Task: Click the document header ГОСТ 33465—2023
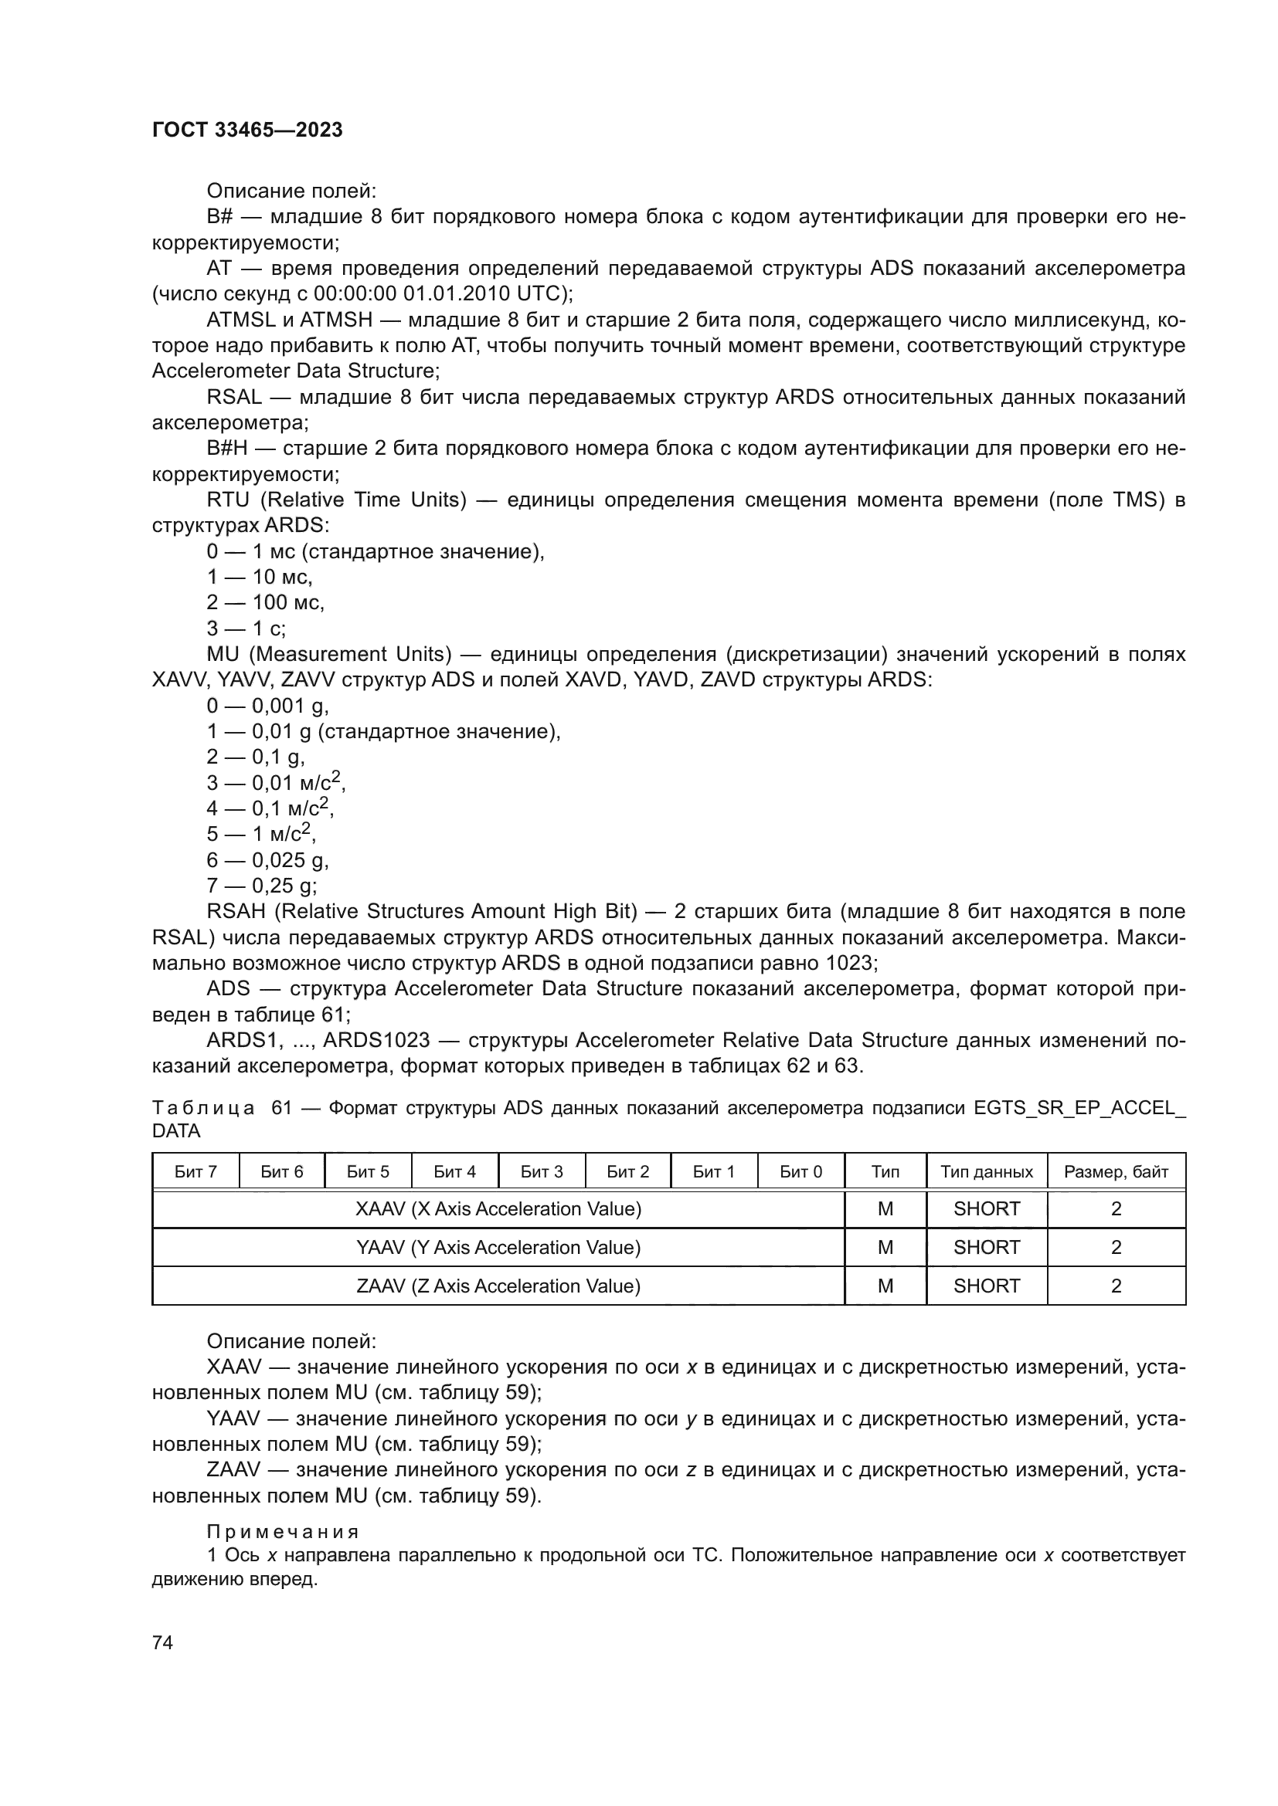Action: click(247, 130)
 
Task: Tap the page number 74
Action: click(163, 1642)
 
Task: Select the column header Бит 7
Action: click(195, 1172)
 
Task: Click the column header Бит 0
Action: click(800, 1172)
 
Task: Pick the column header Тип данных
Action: click(986, 1172)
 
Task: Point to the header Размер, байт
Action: click(1115, 1172)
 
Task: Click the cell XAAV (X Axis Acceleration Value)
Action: click(498, 1209)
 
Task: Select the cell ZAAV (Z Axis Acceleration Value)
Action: click(498, 1286)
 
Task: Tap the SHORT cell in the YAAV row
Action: click(986, 1248)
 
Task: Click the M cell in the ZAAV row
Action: click(885, 1286)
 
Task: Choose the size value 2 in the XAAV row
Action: click(1115, 1209)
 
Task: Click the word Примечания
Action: click(283, 1531)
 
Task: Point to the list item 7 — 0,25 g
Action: click(261, 886)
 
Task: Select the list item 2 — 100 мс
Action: click(265, 602)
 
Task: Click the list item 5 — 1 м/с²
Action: click(261, 834)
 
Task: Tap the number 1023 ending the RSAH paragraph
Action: click(850, 963)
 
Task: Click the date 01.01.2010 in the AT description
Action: click(456, 293)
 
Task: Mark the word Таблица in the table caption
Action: click(204, 1108)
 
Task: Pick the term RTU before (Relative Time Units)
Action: click(227, 500)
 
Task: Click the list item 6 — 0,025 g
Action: click(267, 859)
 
